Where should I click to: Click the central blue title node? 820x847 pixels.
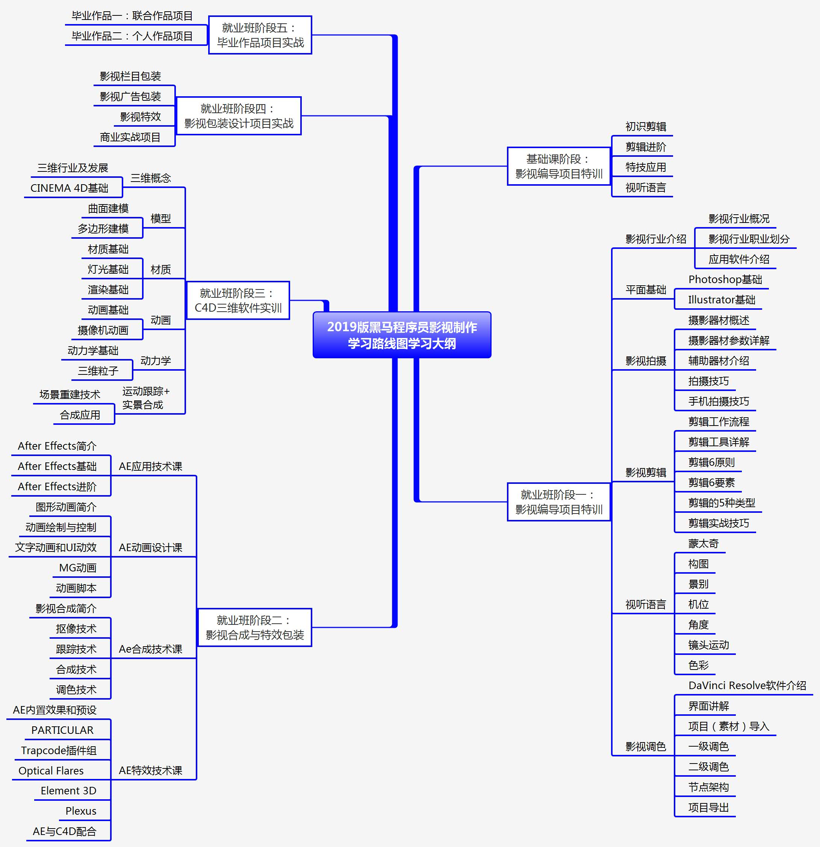point(402,335)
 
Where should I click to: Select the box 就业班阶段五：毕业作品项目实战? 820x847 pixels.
point(260,35)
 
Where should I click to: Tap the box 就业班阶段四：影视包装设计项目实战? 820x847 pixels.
point(239,116)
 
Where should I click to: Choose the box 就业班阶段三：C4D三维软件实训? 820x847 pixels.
point(238,300)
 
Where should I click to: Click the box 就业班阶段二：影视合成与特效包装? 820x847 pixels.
point(254,627)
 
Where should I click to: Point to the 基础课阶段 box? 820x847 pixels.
point(558,167)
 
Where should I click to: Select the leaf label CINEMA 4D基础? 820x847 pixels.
point(69,188)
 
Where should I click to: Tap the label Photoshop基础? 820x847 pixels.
point(725,280)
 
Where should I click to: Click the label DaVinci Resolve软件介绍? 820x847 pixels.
point(747,685)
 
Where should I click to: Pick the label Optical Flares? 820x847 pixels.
point(51,771)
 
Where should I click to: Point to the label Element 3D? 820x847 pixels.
point(68,791)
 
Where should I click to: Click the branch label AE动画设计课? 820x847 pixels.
point(150,547)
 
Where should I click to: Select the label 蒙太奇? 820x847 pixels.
point(703,544)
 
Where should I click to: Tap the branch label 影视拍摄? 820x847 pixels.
point(646,361)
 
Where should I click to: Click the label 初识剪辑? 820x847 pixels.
point(646,127)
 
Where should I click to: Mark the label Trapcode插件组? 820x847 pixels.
point(59,750)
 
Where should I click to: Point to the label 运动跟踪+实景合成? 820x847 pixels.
point(145,398)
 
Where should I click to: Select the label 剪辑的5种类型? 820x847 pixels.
point(722,503)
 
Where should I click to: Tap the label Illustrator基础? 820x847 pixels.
point(722,300)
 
